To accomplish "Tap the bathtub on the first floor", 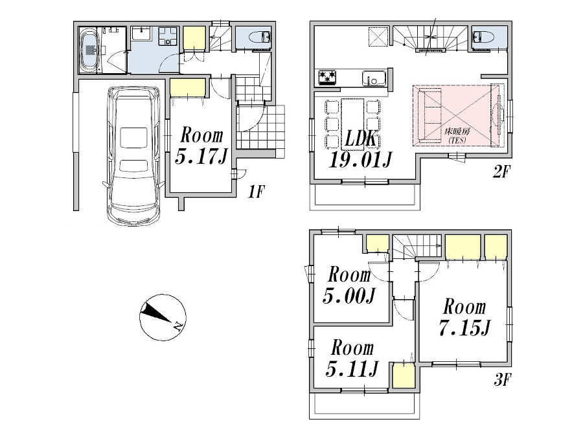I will [89, 49].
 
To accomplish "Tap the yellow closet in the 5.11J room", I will [402, 376].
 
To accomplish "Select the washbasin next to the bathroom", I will [141, 36].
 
